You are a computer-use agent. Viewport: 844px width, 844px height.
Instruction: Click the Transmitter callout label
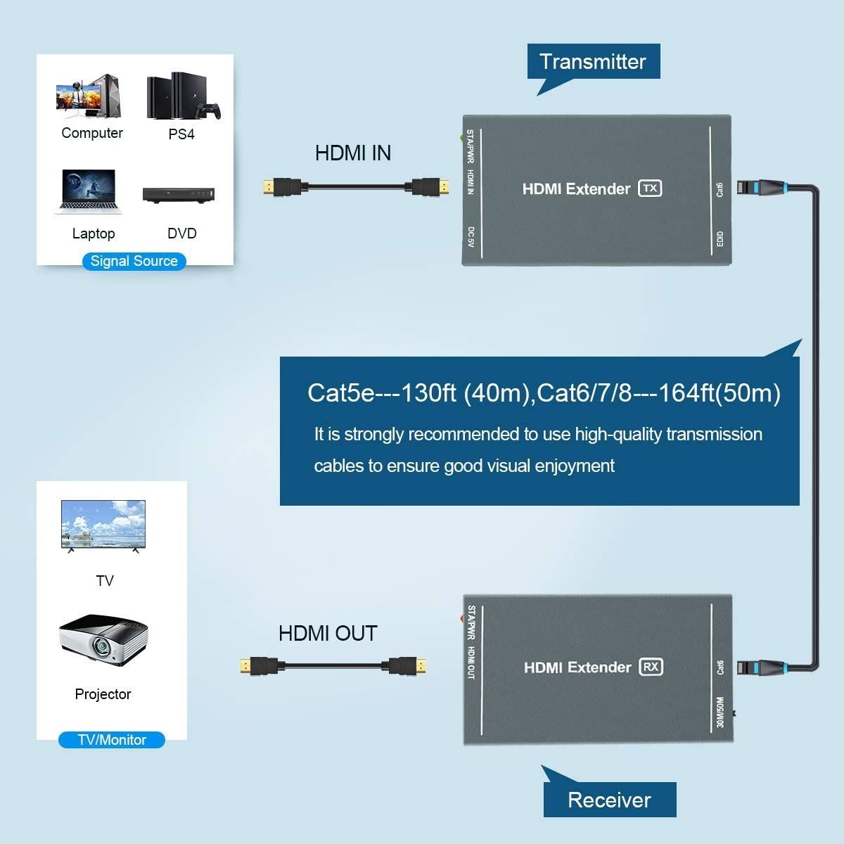point(593,62)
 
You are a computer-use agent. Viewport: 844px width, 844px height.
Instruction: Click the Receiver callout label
point(609,800)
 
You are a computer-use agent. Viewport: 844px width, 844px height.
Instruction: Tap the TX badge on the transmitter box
point(650,188)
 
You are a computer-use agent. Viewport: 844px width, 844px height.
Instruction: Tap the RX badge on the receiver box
point(651,667)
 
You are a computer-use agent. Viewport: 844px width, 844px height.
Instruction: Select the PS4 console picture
point(182,96)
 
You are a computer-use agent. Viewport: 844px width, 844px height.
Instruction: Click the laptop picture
point(89,191)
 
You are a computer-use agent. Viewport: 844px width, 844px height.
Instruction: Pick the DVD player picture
point(179,195)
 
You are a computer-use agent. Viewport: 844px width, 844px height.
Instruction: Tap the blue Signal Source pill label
point(134,261)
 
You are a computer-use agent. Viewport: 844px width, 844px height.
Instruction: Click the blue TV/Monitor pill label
point(112,740)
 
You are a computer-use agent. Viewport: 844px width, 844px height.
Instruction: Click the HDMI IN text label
point(353,153)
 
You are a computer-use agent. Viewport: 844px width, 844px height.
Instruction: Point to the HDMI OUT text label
point(328,633)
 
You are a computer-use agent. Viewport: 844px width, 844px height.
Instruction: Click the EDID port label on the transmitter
point(720,239)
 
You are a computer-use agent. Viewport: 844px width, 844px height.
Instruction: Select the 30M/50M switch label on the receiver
point(720,711)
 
